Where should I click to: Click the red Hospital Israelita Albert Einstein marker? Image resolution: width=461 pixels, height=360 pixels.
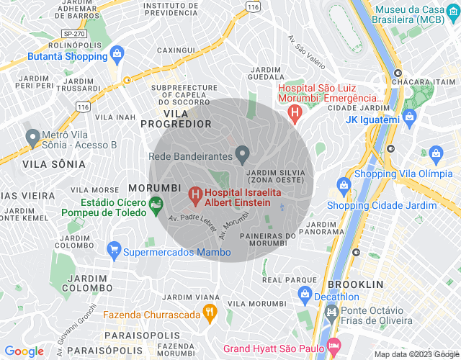[x=194, y=194]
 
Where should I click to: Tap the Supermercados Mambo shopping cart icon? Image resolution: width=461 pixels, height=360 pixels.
[x=113, y=251]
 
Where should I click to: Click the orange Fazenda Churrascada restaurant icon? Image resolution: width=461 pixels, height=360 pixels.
[x=210, y=312]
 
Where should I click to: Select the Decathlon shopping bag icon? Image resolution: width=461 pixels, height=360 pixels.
[x=304, y=294]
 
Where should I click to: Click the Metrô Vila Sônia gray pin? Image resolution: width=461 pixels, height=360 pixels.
[x=32, y=137]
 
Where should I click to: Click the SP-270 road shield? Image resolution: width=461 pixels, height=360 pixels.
[x=73, y=33]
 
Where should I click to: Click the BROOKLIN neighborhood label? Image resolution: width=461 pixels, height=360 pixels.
[x=355, y=284]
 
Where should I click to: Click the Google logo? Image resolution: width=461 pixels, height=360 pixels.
[x=24, y=351]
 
